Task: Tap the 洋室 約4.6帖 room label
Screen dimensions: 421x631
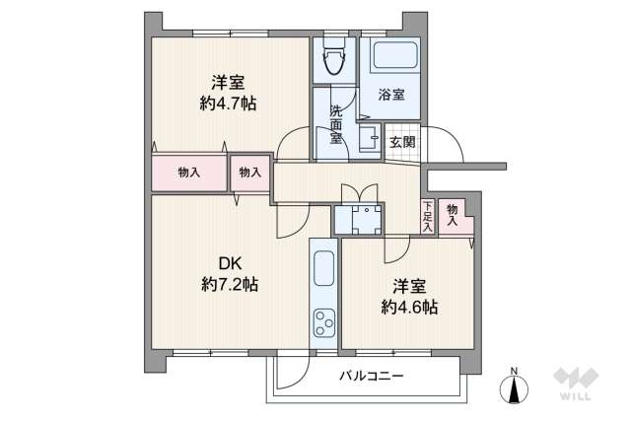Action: pos(409,296)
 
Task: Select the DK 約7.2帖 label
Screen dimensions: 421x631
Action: pos(230,273)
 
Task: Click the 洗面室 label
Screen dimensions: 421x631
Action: pos(336,123)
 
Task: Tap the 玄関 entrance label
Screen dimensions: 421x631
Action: pos(402,142)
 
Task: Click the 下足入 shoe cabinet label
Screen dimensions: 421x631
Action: pos(427,216)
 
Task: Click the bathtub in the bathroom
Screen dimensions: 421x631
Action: pos(392,56)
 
